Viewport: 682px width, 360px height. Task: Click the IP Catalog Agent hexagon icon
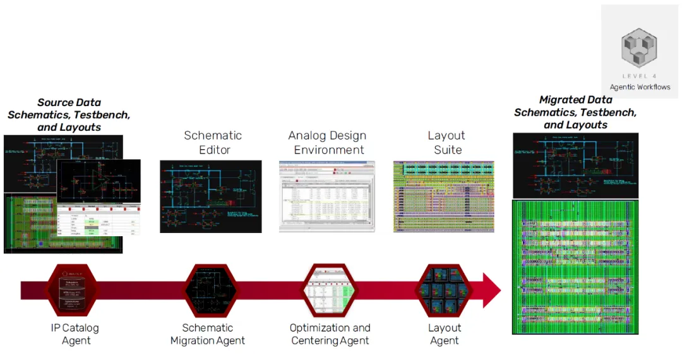[75, 291]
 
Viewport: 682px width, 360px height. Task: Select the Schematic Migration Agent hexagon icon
[208, 291]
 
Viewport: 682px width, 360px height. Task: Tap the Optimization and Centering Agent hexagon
[330, 291]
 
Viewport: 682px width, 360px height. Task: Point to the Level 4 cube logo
[639, 47]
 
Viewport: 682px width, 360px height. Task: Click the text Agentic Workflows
[640, 87]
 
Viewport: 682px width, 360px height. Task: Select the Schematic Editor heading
[213, 143]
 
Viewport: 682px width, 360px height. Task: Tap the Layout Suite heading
[446, 143]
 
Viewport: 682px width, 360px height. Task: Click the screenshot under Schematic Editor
[210, 196]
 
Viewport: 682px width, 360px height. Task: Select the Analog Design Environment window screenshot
[326, 196]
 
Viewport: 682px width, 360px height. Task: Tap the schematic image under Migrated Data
[575, 165]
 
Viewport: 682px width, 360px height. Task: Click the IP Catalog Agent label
[75, 334]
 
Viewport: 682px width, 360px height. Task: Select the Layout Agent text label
[445, 334]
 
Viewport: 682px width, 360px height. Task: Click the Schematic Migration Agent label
[208, 334]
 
